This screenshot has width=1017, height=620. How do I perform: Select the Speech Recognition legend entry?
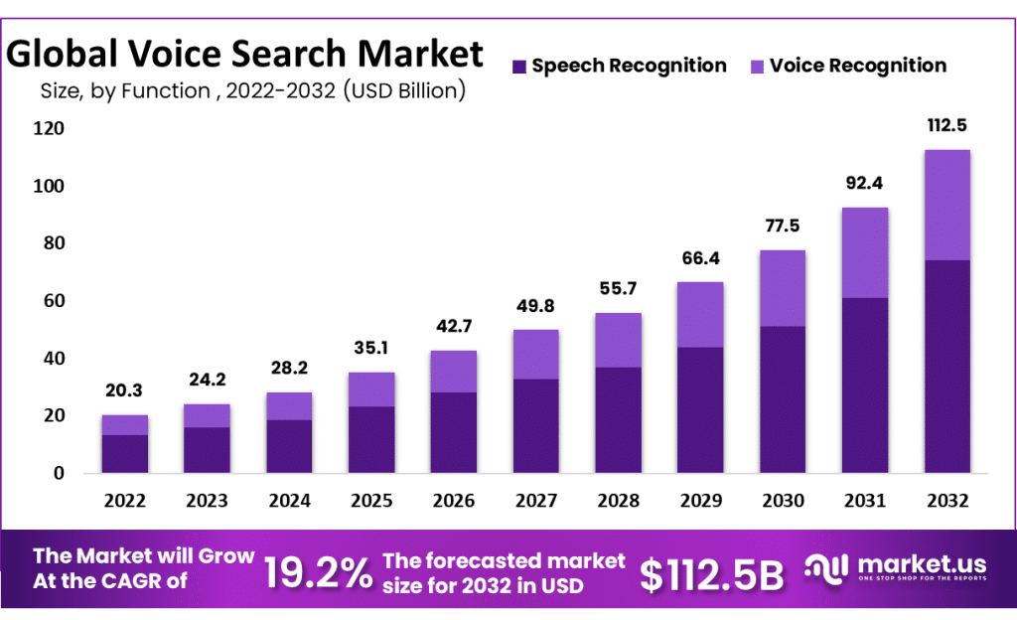tap(629, 66)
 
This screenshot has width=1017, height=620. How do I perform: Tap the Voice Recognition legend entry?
tap(857, 66)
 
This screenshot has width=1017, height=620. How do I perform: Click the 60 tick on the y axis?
tap(50, 301)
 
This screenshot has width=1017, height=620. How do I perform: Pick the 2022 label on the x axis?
tap(124, 500)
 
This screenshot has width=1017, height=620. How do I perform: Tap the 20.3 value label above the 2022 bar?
tap(124, 391)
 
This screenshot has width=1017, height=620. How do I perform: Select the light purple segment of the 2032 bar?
tap(946, 205)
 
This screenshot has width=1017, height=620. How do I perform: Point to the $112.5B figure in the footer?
tap(711, 573)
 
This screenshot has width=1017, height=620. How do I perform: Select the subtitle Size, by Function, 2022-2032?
tap(252, 91)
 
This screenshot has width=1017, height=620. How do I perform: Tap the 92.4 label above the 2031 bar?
tap(864, 183)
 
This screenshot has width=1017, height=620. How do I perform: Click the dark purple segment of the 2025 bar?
tap(370, 439)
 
